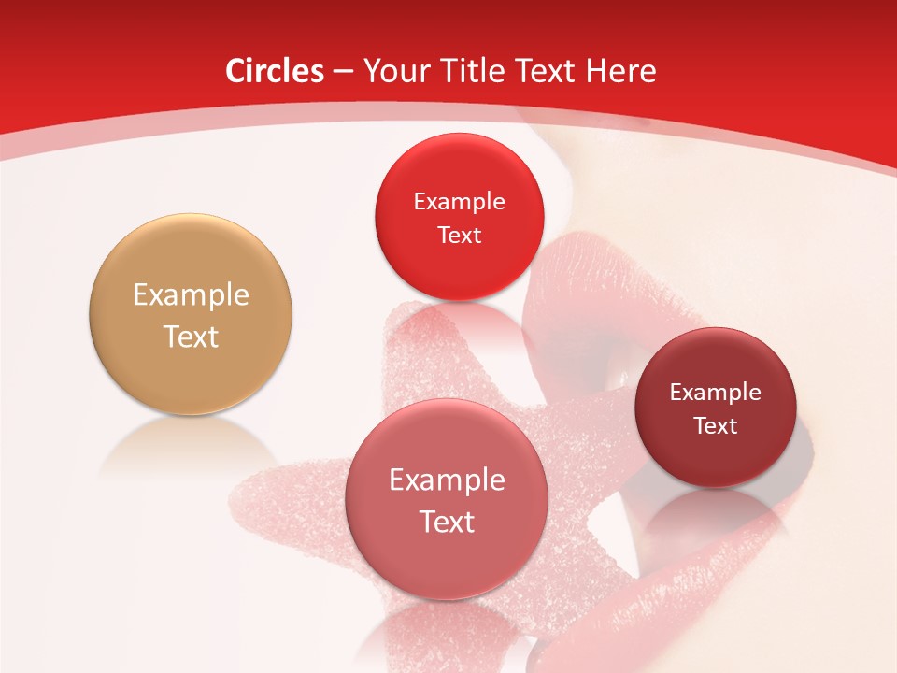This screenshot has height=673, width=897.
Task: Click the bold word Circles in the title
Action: [x=274, y=71]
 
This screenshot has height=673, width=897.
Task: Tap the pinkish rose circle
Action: [x=447, y=551]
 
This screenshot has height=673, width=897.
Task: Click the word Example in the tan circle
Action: [x=191, y=295]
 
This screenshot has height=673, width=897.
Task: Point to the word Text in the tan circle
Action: [x=191, y=336]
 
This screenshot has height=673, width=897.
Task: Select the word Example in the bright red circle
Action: [x=459, y=202]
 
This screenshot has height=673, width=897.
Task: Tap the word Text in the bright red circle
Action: [x=459, y=235]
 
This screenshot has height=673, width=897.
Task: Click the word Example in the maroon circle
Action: [x=716, y=393]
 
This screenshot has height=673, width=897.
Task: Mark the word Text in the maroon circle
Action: [x=716, y=426]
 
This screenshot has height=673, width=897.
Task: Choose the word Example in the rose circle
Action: [x=447, y=480]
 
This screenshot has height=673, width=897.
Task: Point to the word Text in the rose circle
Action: [x=447, y=522]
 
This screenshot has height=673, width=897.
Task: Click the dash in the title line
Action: [x=343, y=71]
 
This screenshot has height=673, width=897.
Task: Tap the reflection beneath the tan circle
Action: [x=191, y=444]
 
